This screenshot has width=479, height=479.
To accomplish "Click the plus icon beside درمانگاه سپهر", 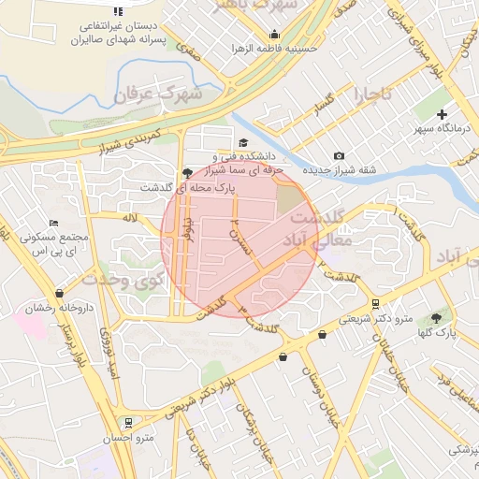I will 443,114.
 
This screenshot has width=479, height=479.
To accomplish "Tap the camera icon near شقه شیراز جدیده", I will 339,155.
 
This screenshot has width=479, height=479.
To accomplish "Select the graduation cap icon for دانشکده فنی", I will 243,143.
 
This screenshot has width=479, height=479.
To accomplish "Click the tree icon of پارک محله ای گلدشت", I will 188,172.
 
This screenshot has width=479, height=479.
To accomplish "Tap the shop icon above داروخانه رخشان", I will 61,293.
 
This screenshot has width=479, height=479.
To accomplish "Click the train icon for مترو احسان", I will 127,422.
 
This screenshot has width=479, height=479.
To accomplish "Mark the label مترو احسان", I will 130,438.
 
